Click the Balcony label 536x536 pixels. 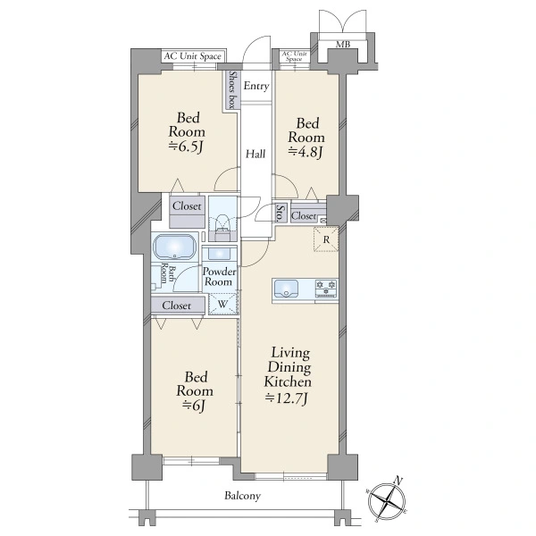(242, 496)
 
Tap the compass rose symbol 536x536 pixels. (387, 500)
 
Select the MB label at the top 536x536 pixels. (343, 44)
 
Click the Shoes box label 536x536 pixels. (232, 90)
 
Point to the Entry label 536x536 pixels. (256, 86)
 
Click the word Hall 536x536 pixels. (255, 155)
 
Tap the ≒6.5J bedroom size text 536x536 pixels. (187, 147)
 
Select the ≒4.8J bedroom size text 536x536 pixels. (306, 152)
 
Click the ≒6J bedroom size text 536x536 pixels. (194, 406)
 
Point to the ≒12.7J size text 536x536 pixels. (287, 398)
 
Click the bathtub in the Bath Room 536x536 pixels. (175, 247)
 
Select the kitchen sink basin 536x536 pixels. (286, 289)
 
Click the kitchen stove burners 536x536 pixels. (326, 288)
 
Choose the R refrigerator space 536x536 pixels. (326, 239)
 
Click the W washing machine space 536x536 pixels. (222, 304)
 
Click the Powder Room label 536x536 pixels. (219, 277)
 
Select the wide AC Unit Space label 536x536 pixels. (192, 56)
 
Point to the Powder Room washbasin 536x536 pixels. (220, 254)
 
